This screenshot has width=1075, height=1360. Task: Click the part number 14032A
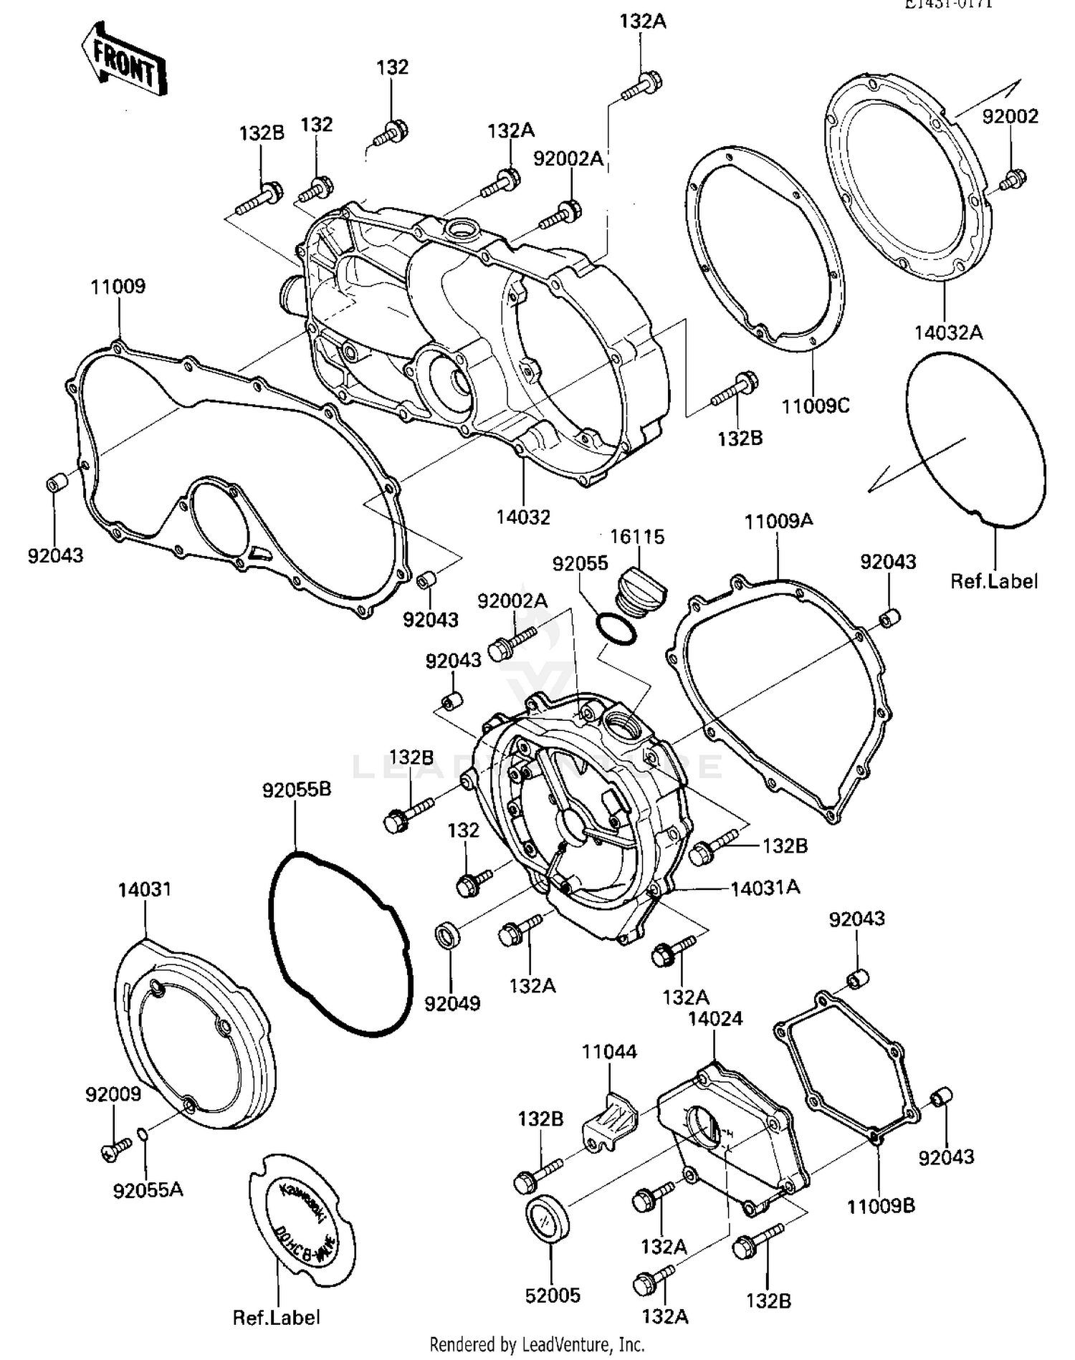pos(947,332)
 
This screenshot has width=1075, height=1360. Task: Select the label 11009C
pos(815,406)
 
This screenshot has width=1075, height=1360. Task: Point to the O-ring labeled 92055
pos(616,628)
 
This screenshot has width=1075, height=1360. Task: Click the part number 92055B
pos(296,790)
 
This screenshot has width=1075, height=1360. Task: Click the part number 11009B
pos(880,1206)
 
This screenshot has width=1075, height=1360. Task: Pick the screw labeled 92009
pos(117,1148)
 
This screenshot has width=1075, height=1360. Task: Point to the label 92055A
pos(148,1190)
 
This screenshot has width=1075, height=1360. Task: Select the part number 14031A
pos(765,888)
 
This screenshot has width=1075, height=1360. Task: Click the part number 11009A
pos(778,521)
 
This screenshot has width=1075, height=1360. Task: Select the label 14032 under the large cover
pos(523,517)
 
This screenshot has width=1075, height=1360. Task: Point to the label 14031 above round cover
pos(145,889)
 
